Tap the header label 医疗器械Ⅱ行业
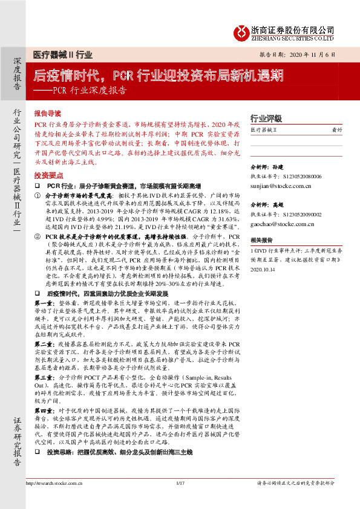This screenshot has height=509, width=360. point(63,54)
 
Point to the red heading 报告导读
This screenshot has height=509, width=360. point(48,113)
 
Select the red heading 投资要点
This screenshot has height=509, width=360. point(48,174)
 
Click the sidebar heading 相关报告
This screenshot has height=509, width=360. point(262,240)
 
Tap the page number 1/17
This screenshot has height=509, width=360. point(180,500)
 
